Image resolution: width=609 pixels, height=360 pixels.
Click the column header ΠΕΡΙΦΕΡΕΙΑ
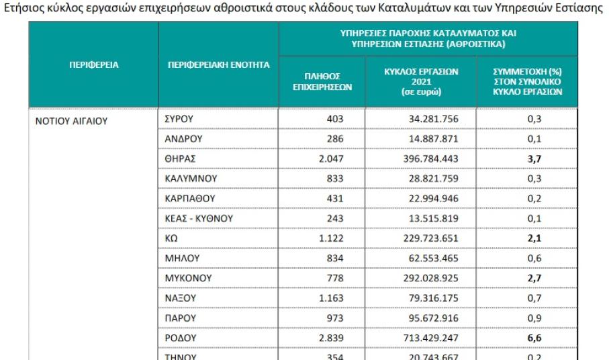pos(93,65)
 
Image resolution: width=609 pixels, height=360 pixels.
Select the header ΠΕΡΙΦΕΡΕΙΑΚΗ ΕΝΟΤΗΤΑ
pos(218,65)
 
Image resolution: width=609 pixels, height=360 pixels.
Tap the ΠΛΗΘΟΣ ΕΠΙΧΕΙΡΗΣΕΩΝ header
pos(322,81)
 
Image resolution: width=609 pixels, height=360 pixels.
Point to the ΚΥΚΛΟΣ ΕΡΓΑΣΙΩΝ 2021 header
pos(420,81)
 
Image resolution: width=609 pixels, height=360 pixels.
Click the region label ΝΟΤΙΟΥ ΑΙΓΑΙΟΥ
pos(73,122)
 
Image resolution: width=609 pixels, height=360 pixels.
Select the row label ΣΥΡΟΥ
pos(179,119)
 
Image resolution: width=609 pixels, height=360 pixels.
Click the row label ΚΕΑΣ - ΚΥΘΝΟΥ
pos(198,218)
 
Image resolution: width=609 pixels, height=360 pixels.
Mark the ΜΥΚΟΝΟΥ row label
pos(188,277)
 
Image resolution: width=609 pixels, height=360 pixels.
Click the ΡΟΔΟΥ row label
pos(180,336)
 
